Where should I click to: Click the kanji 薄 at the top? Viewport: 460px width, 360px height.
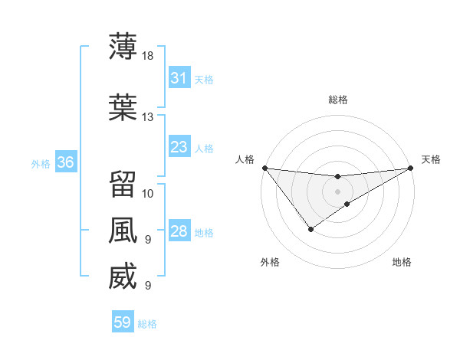tap(123, 46)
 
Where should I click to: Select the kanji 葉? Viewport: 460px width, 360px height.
tap(123, 108)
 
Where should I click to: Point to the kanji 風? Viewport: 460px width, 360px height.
tap(123, 231)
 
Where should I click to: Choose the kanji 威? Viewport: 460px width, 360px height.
tap(123, 277)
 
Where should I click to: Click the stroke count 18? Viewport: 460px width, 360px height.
tap(148, 55)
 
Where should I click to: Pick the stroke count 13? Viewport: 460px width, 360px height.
tap(148, 117)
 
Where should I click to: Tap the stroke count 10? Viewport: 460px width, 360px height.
tap(148, 193)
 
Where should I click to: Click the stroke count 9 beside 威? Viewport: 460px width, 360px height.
tap(148, 286)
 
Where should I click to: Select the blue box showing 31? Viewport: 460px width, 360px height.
tap(179, 78)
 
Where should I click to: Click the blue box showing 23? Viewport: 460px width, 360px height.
tap(179, 147)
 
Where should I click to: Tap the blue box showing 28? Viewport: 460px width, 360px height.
tap(179, 231)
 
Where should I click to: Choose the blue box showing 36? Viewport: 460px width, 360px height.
tap(64, 162)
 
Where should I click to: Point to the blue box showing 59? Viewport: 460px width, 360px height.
tap(122, 322)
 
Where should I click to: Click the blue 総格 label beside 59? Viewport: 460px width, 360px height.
tap(147, 324)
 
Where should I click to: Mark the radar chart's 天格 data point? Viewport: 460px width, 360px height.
tap(411, 168)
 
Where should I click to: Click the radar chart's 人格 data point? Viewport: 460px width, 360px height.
tap(264, 168)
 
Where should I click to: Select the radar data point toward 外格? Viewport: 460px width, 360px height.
tap(310, 229)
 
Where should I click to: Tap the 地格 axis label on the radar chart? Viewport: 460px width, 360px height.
tap(402, 263)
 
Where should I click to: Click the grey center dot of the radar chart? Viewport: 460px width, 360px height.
tap(337, 191)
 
